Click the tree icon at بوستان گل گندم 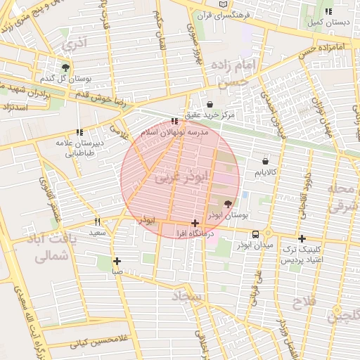coord(65,67)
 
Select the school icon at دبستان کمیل coord(328,12)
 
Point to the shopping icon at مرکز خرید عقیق coord(210,104)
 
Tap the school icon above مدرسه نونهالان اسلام coord(174,121)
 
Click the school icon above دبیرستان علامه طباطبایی coord(79,131)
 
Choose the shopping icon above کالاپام coord(265,161)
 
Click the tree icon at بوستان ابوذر coord(227,203)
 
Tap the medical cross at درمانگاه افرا coord(195,224)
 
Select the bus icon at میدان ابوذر coord(255,234)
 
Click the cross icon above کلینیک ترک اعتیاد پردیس coord(302,238)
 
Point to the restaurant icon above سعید coord(97,221)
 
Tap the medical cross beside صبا coord(117,261)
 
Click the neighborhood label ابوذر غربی coord(181,177)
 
